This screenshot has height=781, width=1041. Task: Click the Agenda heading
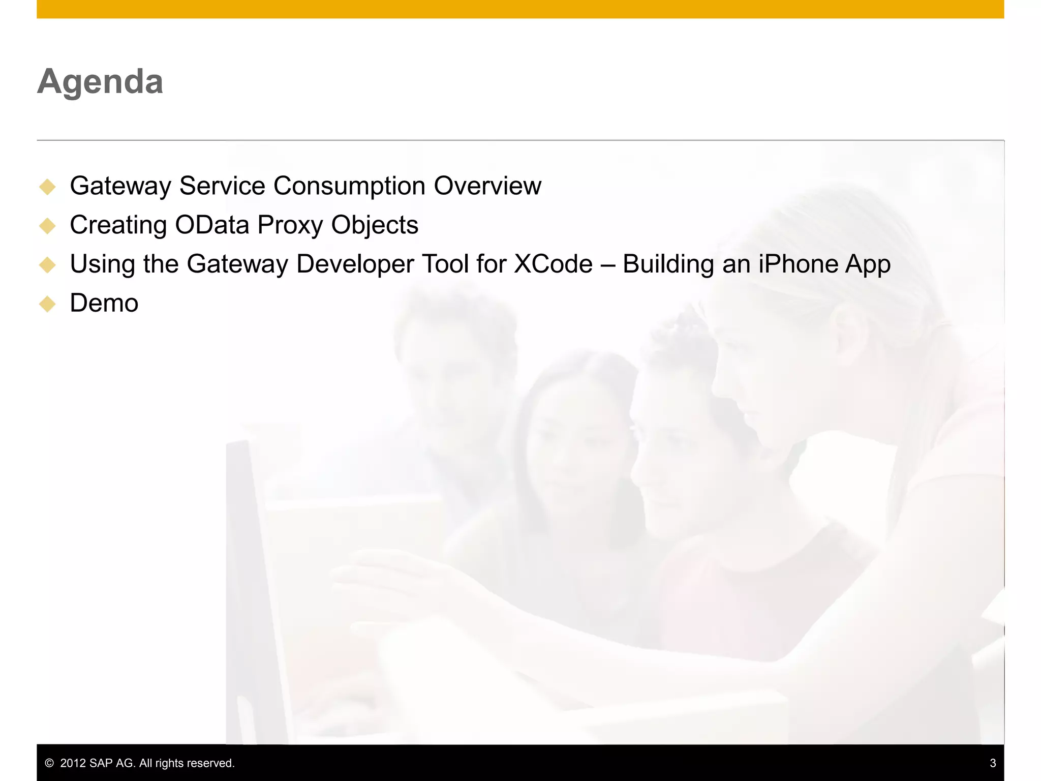coord(100,81)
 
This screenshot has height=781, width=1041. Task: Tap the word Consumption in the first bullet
coord(349,186)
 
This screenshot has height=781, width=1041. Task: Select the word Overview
coord(487,186)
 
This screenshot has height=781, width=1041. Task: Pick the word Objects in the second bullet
coord(375,225)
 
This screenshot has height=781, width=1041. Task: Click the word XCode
coord(553,264)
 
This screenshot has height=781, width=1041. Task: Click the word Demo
coord(104,304)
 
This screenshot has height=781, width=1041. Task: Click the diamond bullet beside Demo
coord(47,304)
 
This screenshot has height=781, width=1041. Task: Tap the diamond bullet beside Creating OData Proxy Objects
coord(47,226)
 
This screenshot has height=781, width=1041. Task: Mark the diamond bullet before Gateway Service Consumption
coord(47,187)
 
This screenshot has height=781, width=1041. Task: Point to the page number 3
coord(993,763)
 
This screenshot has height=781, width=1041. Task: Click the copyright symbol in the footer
coord(49,763)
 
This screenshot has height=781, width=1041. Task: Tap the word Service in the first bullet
coord(222,186)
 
